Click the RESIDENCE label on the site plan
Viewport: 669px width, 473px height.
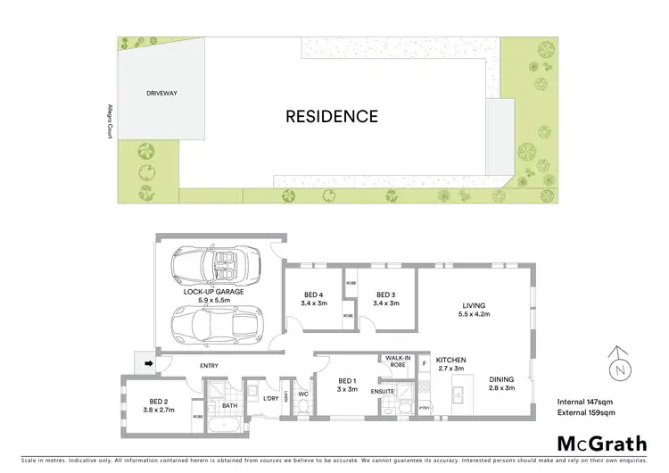coord(332,116)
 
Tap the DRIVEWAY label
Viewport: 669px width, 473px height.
coord(163,93)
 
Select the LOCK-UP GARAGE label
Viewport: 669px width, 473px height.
coord(213,292)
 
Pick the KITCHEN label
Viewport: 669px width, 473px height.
coord(450,361)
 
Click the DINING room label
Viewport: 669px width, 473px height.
coord(502,379)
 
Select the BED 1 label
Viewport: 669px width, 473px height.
coord(347,381)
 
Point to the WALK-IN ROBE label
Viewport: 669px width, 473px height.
coord(397,361)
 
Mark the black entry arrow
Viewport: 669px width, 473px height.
coord(148,363)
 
